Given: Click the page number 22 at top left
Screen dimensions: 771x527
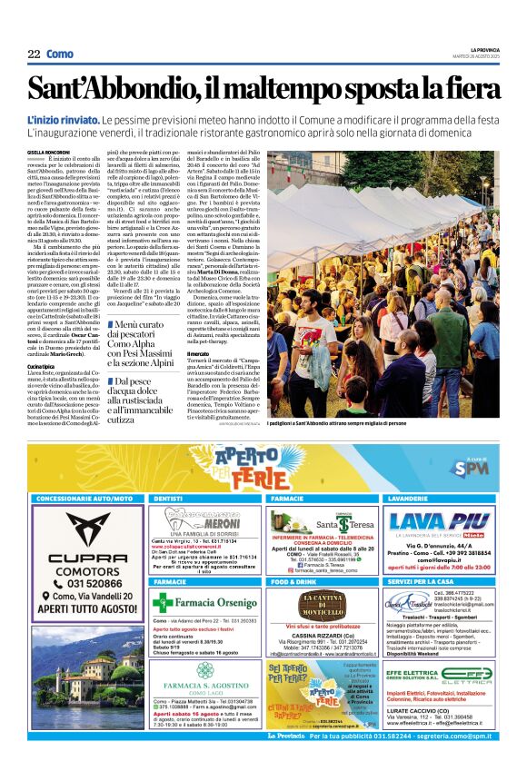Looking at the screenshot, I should tap(34, 54).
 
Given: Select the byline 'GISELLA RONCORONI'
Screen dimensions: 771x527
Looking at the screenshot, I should tap(48, 152).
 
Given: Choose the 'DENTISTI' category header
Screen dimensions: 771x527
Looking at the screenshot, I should tap(172, 499).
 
